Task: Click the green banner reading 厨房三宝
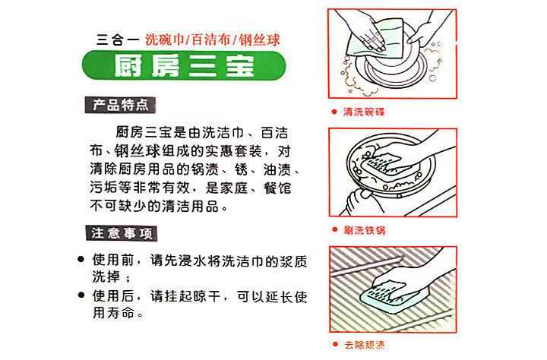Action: coord(184,65)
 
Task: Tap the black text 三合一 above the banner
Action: coord(118,39)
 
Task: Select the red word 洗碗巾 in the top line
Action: coord(164,39)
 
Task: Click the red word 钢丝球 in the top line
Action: coord(259,39)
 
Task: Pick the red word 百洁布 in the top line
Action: coord(211,39)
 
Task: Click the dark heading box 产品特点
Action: coord(120,105)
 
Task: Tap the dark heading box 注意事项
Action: coord(122,233)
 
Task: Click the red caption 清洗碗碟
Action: coord(363,112)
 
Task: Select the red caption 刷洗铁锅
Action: coord(364,230)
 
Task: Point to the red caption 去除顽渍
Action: coord(365,345)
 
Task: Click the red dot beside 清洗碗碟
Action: coord(334,112)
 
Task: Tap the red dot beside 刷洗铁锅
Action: coord(335,229)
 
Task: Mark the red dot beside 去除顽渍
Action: coord(335,344)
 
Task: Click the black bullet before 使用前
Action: coord(81,259)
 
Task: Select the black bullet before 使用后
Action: coord(81,295)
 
